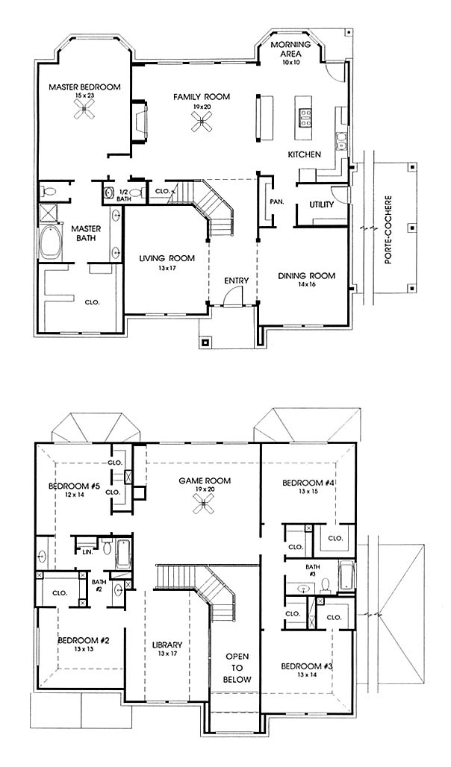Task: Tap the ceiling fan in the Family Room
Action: click(202, 120)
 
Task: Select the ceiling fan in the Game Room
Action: click(203, 503)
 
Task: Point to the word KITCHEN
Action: click(305, 154)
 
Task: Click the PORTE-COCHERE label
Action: click(389, 231)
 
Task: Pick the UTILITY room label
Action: click(322, 204)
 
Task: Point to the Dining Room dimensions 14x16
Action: click(307, 284)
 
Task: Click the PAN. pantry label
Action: click(276, 201)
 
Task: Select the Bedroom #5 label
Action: click(75, 486)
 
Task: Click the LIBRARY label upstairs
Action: click(167, 645)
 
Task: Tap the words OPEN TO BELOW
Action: click(237, 668)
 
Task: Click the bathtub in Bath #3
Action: click(346, 576)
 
